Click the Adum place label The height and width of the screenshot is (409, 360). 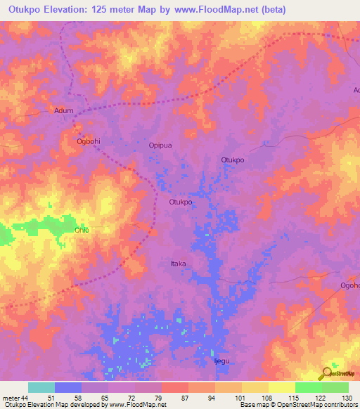64,110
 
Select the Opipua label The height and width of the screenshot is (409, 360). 160,145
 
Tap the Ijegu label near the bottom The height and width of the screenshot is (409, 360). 221,361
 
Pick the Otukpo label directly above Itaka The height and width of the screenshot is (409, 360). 181,202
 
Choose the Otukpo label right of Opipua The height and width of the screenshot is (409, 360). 233,160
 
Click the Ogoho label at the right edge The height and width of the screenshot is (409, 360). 349,285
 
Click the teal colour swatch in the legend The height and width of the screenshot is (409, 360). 41,387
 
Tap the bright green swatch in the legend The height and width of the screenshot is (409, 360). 309,387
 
